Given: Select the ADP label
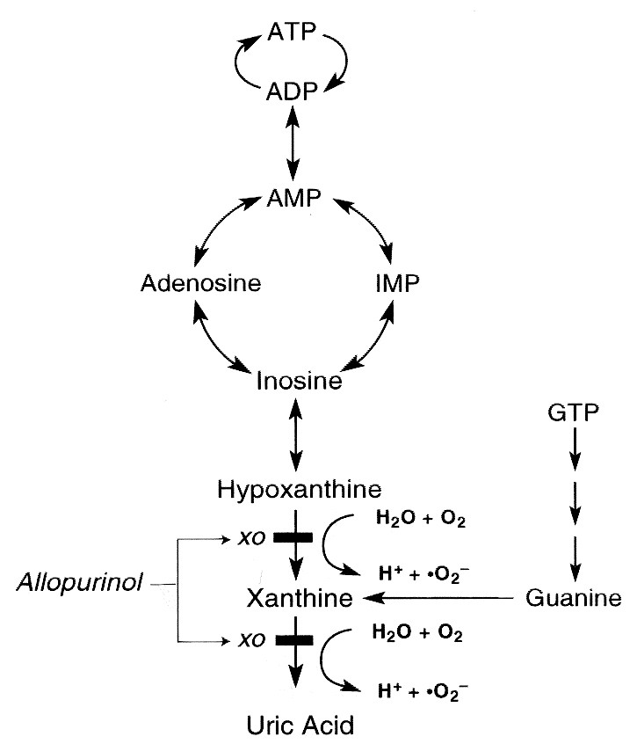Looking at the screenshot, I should coord(293,91).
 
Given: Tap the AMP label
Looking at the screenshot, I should coord(293,201).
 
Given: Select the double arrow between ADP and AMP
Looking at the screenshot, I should coord(293,145).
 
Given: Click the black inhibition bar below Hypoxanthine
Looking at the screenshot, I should coord(293,537).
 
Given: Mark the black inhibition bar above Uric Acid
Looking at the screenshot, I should coord(293,640).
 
